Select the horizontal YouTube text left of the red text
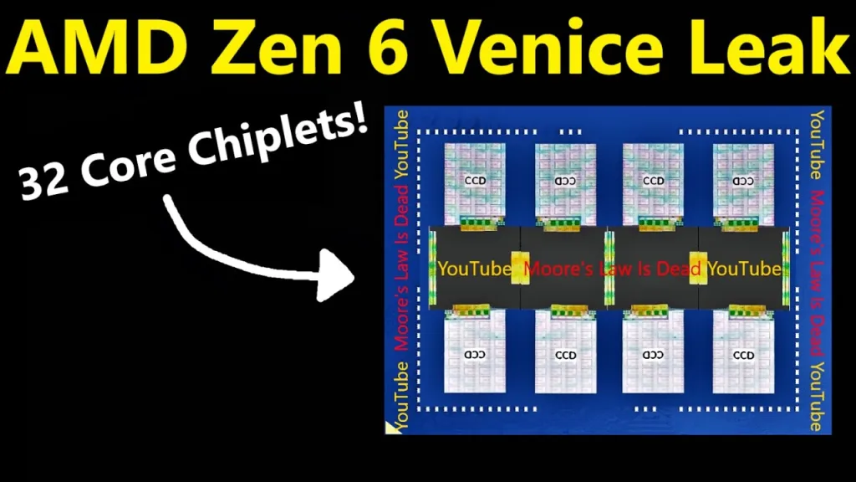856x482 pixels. click(475, 269)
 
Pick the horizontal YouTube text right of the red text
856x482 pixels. click(745, 269)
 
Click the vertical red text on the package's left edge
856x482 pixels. click(401, 268)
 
